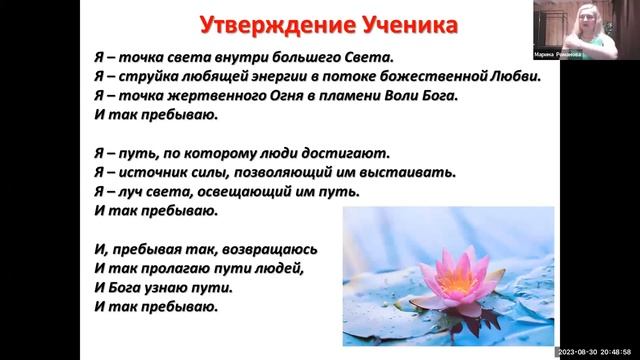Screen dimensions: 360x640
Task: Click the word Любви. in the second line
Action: (x=517, y=78)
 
